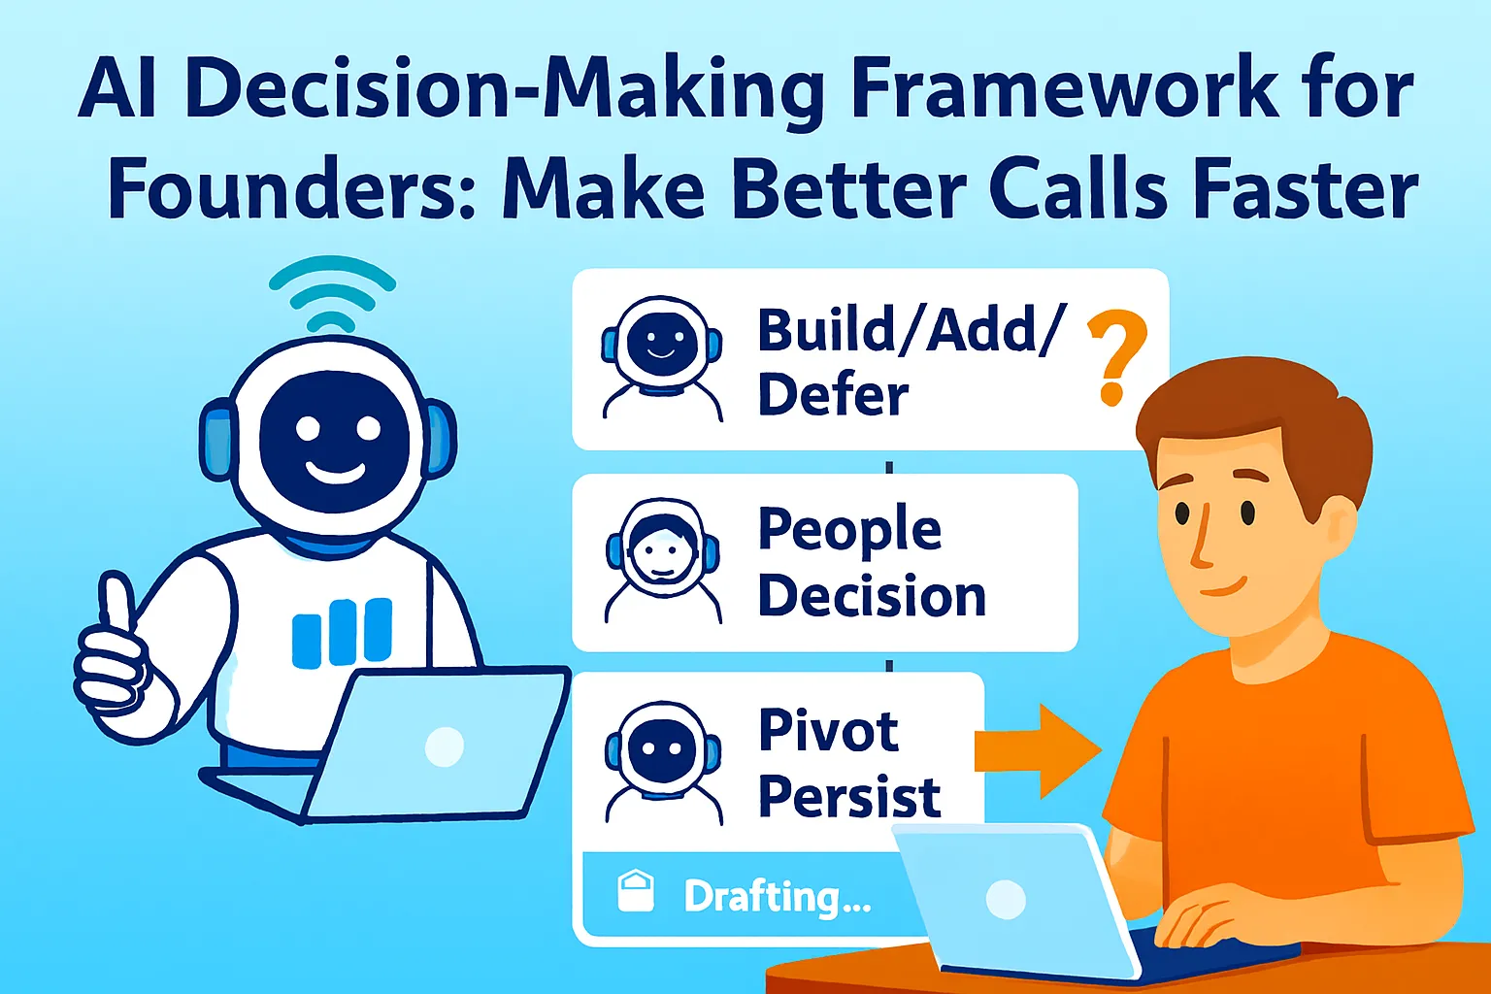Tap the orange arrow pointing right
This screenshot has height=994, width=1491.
tap(1037, 751)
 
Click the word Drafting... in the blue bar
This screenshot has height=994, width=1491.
tap(777, 897)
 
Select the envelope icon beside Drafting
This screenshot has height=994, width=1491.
tap(636, 890)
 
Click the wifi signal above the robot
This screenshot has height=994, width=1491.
tap(332, 293)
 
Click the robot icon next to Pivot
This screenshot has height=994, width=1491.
tap(663, 763)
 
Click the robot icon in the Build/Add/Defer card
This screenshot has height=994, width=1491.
tap(662, 358)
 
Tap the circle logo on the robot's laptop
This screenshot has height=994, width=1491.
tap(444, 746)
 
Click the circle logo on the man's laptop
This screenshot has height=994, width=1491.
tap(1005, 900)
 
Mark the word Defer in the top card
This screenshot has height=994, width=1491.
tap(834, 395)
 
